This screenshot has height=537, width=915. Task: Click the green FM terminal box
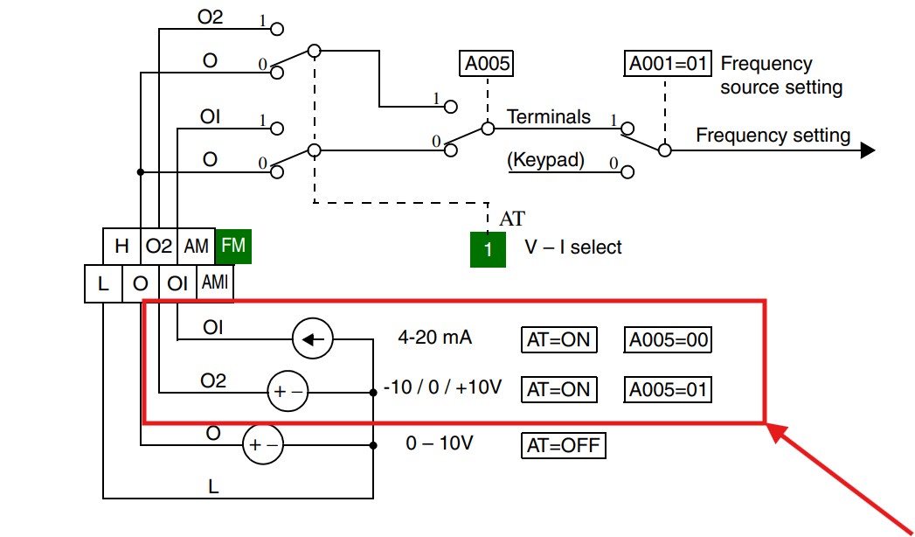[x=233, y=246]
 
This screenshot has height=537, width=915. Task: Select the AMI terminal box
[x=215, y=283]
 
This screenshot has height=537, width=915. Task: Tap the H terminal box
[x=121, y=246]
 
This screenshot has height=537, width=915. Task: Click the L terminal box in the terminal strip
[x=103, y=283]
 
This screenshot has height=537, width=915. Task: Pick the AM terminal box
[x=196, y=246]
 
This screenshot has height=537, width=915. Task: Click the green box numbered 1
[x=488, y=249]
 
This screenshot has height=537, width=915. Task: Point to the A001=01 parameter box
[x=668, y=64]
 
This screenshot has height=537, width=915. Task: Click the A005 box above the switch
[x=488, y=64]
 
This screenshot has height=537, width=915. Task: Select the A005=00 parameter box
[x=668, y=339]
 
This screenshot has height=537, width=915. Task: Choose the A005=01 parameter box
[x=668, y=389]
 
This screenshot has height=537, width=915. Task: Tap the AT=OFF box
[x=563, y=445]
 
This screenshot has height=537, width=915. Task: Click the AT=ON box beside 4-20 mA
[x=558, y=339]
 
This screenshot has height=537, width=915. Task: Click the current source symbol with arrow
[x=313, y=339]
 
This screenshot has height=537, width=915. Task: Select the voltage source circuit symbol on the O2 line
[x=288, y=392]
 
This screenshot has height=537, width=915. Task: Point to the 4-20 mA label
[x=434, y=338]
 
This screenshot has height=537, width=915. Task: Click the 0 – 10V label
[x=440, y=443]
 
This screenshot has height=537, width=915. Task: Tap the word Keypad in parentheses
[x=546, y=160]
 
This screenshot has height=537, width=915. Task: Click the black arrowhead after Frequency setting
[x=868, y=150]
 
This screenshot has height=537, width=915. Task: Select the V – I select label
[x=573, y=247]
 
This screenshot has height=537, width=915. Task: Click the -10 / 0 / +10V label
[x=442, y=387]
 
